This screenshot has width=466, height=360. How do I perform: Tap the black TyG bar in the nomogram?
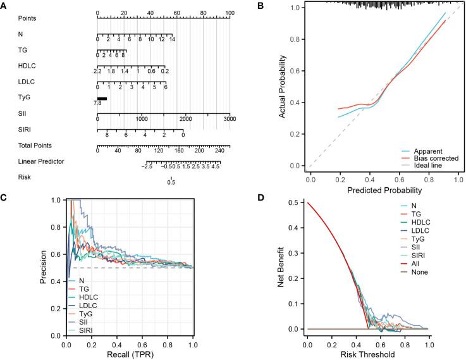click(101, 98)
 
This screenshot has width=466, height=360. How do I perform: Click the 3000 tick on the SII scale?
click(229, 119)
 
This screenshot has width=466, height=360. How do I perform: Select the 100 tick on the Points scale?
click(230, 13)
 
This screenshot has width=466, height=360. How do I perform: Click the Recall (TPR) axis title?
click(128, 354)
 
